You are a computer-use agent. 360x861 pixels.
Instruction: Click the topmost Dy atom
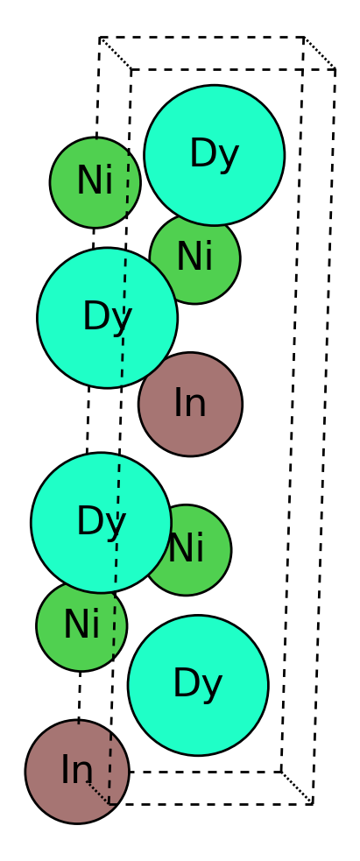point(214,155)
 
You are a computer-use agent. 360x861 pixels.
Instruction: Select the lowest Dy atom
point(198,685)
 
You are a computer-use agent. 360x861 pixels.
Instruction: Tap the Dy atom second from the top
point(107,317)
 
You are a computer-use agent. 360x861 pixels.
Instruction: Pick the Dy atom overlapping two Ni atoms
point(101,522)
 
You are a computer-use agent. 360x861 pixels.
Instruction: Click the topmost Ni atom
point(95,182)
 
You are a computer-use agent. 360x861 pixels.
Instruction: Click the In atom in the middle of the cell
point(190,404)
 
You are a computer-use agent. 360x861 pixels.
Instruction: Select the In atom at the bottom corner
point(77,772)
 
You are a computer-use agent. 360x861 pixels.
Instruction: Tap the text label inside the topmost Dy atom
point(214,155)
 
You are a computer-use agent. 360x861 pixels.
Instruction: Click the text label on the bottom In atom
point(77,771)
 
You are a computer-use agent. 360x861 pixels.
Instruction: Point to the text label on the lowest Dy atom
point(198,684)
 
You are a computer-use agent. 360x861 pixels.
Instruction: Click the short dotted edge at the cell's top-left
point(116,53)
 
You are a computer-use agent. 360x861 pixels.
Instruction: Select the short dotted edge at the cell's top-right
point(320,53)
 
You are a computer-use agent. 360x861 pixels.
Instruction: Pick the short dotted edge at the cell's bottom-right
point(297,788)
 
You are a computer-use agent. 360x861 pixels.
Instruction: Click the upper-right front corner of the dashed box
point(335,69)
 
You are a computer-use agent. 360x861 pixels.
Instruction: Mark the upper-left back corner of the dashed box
point(100,38)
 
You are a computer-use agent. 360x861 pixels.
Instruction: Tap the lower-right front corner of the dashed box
point(312,804)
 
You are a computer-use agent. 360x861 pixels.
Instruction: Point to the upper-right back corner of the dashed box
point(304,38)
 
